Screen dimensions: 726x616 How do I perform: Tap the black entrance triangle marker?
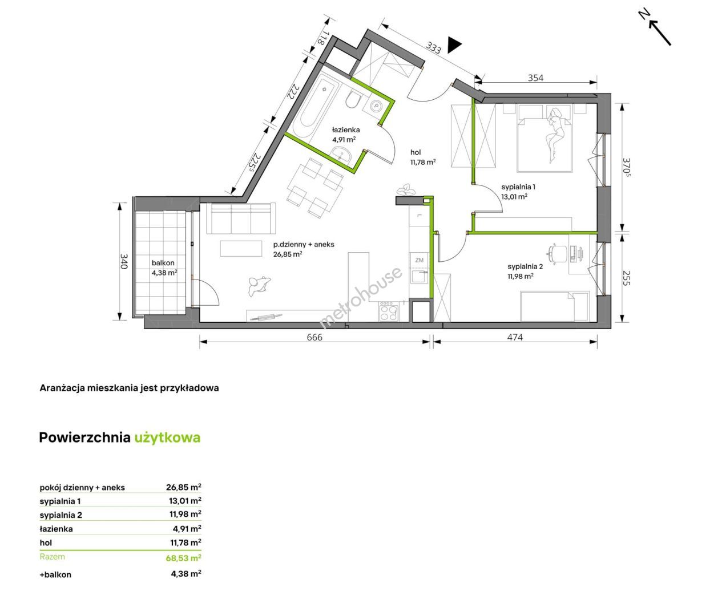point(454,45)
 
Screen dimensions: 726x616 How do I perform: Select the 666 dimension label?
point(314,337)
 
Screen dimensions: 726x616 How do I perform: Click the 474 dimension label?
point(515,337)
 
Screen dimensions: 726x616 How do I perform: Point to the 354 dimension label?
point(535,78)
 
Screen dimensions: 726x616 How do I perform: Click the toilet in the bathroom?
point(352,100)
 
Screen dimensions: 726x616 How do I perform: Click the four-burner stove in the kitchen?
point(389,311)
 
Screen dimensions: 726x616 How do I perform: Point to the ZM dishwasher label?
point(419,260)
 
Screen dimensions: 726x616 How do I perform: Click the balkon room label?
point(163,262)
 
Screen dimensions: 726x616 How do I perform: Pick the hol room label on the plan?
point(416,152)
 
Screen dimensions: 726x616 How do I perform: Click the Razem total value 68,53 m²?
point(183,557)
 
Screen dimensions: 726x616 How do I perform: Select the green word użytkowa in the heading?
point(168,437)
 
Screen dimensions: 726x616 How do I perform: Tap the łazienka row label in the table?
point(56,529)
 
